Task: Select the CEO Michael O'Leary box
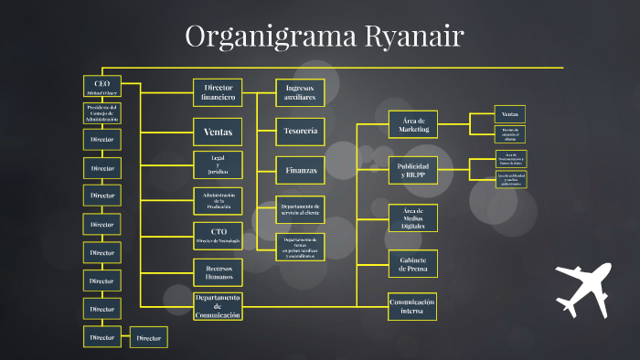[x=101, y=87]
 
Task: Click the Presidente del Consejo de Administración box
[x=101, y=113]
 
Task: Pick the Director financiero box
[x=218, y=92]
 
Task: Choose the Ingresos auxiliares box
[x=300, y=91]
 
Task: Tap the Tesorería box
[x=300, y=131]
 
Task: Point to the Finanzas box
[x=300, y=169]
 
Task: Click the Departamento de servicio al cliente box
[x=300, y=209]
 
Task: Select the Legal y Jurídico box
[x=218, y=164]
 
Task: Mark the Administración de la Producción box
[x=218, y=200]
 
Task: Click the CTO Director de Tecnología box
[x=218, y=235]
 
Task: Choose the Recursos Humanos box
[x=218, y=270]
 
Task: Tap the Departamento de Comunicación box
[x=218, y=306]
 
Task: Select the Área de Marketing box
[x=412, y=124]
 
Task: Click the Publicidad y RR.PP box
[x=412, y=168]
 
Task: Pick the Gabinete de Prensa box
[x=412, y=263]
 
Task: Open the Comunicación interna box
[x=412, y=306]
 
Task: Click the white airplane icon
[x=582, y=287]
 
